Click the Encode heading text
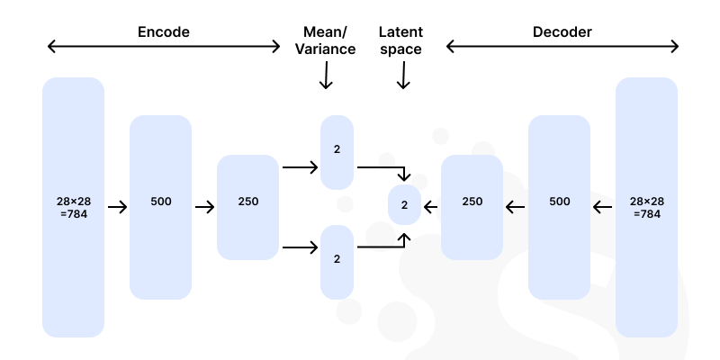(163, 32)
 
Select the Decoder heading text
(562, 32)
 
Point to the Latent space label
(401, 40)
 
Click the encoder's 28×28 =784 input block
(73, 207)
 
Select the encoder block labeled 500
(160, 207)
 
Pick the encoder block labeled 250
(247, 207)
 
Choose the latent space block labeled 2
(404, 205)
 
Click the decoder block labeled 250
(472, 207)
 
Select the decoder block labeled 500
(559, 207)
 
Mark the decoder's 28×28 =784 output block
(646, 207)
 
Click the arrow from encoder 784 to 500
(117, 208)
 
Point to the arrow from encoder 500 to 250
(204, 208)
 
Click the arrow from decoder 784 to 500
(602, 208)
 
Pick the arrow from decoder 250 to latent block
(431, 208)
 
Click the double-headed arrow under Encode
(164, 47)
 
